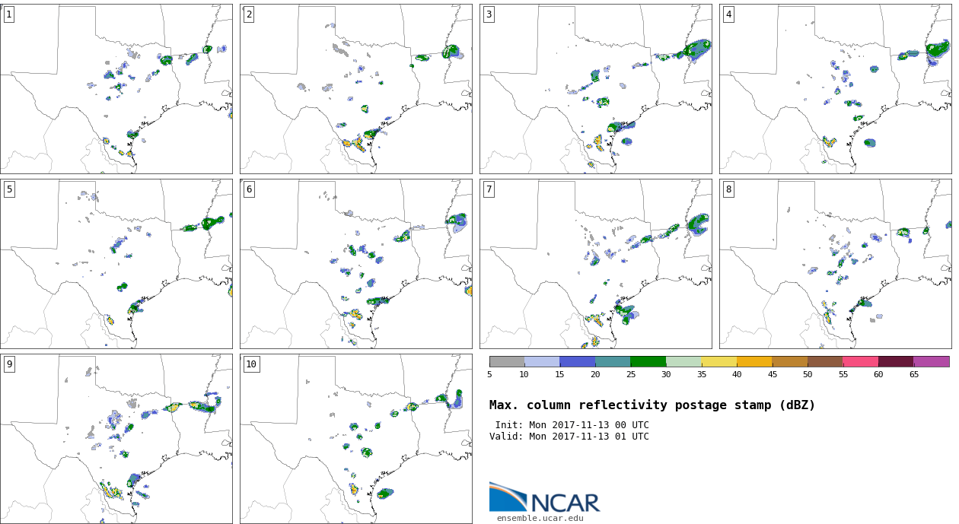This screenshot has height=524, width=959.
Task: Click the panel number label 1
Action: coord(9,14)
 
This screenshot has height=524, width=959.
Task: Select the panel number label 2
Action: coord(249,14)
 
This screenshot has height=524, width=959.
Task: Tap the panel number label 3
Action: coord(489,14)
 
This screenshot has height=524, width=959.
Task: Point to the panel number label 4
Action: coord(728,14)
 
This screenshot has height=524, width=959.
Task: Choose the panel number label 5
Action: coord(9,189)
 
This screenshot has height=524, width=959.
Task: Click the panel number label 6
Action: coord(249,189)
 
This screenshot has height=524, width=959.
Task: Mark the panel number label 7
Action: coord(489,189)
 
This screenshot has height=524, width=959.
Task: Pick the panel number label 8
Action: coord(728,189)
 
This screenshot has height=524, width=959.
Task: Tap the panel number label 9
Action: coord(9,364)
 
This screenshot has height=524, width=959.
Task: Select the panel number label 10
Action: coord(251,364)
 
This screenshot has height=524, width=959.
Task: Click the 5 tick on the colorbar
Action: coord(489,374)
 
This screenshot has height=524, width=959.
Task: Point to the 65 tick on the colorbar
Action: coord(913,374)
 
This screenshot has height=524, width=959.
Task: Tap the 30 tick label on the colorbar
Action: coord(666,374)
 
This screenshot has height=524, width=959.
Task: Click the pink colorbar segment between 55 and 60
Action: coord(860,361)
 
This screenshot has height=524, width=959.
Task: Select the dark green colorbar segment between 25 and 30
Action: coord(648,361)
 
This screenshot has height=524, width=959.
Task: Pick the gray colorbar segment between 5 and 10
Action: coord(507,361)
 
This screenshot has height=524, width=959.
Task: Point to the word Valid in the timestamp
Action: coord(504,437)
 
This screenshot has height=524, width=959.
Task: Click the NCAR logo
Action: coord(545,498)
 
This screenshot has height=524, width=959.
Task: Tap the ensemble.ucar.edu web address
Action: coord(540,518)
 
